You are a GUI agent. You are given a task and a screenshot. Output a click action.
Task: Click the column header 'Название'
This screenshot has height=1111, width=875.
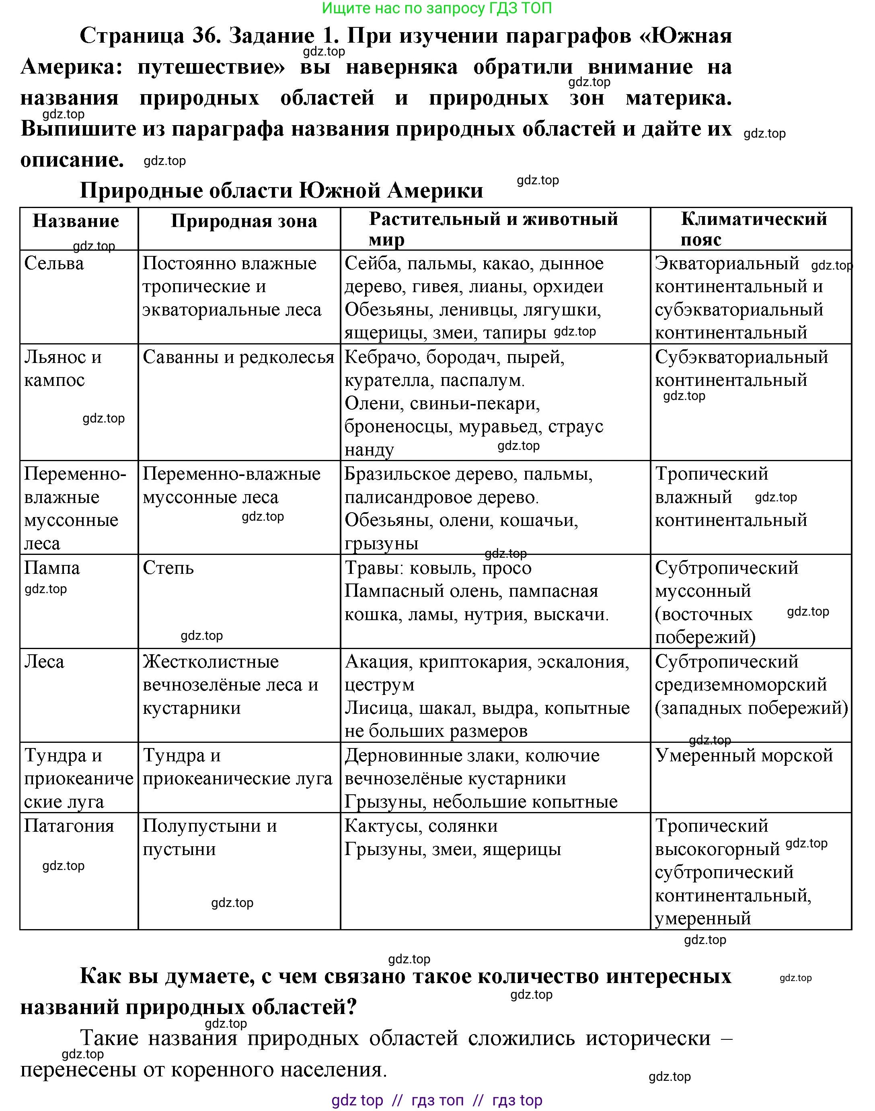76,221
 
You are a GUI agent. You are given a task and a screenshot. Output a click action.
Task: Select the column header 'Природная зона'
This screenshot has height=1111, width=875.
243,221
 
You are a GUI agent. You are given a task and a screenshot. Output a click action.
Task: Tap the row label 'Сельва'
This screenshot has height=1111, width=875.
54,264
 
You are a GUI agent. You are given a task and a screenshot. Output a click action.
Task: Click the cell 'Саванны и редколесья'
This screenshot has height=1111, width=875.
238,357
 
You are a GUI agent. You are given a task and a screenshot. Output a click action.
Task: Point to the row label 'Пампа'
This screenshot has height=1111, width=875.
52,568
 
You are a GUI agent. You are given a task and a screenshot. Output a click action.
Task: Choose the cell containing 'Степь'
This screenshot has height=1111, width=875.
168,568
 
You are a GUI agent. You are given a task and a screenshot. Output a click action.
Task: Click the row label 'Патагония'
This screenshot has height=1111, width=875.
69,826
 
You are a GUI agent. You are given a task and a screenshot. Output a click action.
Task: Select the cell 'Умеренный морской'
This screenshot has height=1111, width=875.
744,756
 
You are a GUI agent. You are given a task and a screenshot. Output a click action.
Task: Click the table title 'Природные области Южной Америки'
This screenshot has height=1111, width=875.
281,190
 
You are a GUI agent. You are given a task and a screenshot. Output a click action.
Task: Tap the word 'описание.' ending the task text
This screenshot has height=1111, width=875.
72,160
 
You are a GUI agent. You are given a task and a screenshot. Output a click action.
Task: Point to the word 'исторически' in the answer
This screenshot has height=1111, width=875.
648,1039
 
